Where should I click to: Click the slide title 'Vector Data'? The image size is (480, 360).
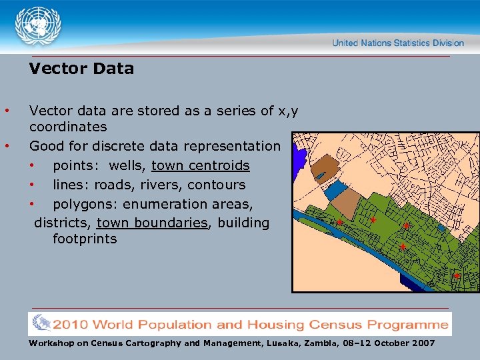[x=81, y=69]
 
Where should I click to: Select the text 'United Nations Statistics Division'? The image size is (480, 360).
[x=398, y=43]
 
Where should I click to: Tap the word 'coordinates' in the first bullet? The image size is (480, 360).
[x=68, y=127]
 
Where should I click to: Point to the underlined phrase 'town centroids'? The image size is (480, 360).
[x=201, y=165]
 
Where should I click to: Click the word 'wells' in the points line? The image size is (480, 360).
[x=126, y=165]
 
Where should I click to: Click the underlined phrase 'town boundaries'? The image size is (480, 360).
[x=152, y=223]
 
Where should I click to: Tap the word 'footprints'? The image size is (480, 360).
[x=85, y=239]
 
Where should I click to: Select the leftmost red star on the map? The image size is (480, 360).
[x=339, y=223]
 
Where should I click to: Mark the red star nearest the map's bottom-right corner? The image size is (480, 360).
[x=457, y=275]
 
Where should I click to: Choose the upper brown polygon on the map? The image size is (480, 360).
[x=324, y=165]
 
